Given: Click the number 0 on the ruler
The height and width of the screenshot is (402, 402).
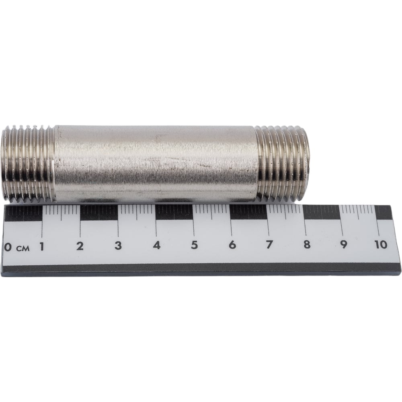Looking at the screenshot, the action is click(x=8, y=247).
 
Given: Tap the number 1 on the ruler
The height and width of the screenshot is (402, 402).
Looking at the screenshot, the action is click(x=41, y=246).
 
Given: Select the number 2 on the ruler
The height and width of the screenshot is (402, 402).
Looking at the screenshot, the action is click(x=80, y=246).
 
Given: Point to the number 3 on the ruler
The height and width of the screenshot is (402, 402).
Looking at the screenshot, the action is click(x=118, y=246).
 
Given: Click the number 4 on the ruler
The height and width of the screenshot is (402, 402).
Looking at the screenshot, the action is click(x=157, y=245).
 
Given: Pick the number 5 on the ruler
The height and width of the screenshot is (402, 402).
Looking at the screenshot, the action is click(x=194, y=245).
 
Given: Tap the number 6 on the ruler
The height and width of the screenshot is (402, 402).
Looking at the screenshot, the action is click(x=232, y=245).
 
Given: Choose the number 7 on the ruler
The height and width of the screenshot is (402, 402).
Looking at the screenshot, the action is click(x=269, y=244).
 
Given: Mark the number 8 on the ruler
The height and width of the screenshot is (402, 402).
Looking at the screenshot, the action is click(x=307, y=244).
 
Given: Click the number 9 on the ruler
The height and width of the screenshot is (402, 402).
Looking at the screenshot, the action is click(x=344, y=244).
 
